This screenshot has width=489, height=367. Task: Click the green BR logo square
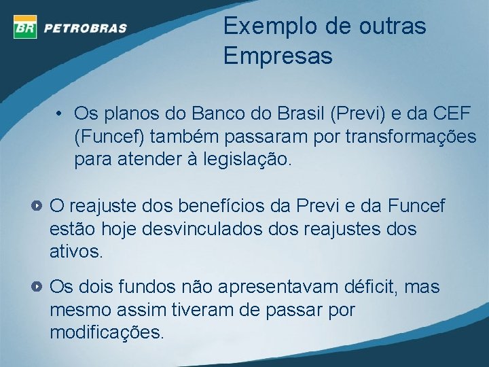tap(24, 27)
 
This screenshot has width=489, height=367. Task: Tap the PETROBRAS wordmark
tap(86, 28)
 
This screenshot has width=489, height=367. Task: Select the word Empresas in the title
tap(278, 56)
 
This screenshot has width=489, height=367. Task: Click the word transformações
tap(411, 136)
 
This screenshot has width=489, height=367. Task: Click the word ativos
tap(76, 253)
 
